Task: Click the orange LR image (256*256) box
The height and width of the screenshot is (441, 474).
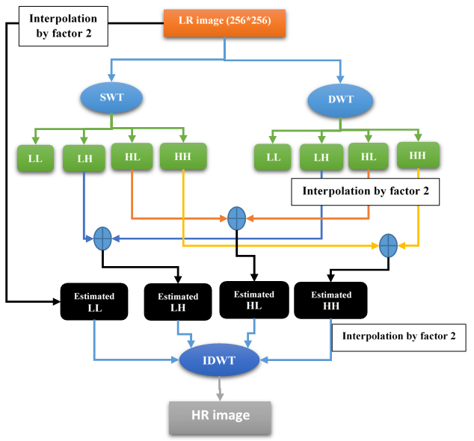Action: tap(224, 23)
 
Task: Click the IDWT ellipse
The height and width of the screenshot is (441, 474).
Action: tap(220, 361)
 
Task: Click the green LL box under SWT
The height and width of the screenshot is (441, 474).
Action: tap(35, 159)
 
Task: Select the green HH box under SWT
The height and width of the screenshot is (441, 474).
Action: tap(182, 156)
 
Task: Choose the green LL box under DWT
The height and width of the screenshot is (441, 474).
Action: tap(273, 158)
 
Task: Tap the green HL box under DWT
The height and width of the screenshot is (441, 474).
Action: tap(369, 157)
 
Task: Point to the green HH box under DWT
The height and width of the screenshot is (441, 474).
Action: tap(417, 155)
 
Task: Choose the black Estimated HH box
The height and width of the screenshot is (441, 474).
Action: tap(330, 300)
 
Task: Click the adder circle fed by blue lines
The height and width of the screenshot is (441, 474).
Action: tap(102, 239)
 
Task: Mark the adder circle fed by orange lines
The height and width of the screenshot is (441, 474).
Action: tap(236, 218)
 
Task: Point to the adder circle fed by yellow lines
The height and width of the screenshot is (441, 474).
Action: tap(387, 244)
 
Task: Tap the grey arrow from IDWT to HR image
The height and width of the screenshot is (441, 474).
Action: tap(219, 387)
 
